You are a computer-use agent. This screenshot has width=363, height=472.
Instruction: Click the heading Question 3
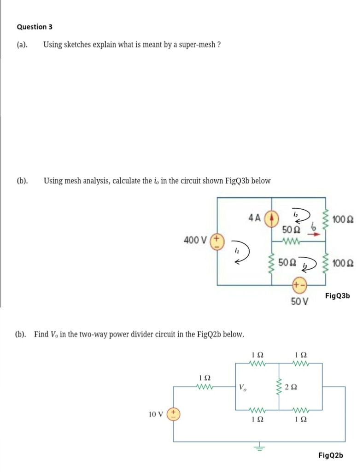click(x=32, y=27)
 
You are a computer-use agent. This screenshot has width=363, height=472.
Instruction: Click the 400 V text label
click(x=197, y=240)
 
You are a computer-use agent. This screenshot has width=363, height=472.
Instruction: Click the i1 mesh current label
click(x=236, y=251)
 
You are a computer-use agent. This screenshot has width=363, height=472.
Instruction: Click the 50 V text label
click(x=299, y=302)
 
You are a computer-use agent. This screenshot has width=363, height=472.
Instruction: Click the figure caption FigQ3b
click(x=338, y=295)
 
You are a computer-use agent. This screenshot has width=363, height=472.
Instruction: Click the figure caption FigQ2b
click(x=331, y=455)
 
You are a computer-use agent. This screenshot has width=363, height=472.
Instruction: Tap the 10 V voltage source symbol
click(x=174, y=413)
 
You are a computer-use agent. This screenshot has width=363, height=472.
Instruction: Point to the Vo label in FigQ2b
click(x=243, y=386)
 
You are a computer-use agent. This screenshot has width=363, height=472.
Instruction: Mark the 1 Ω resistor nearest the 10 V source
click(x=203, y=382)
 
